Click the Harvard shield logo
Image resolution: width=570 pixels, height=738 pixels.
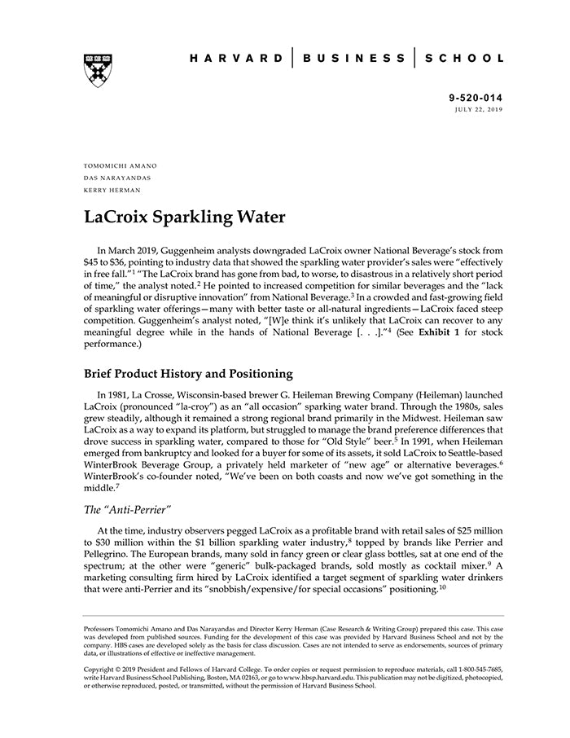coord(97,70)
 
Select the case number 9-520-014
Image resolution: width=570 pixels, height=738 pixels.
coord(476,97)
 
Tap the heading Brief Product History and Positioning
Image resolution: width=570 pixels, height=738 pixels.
coord(188,374)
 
